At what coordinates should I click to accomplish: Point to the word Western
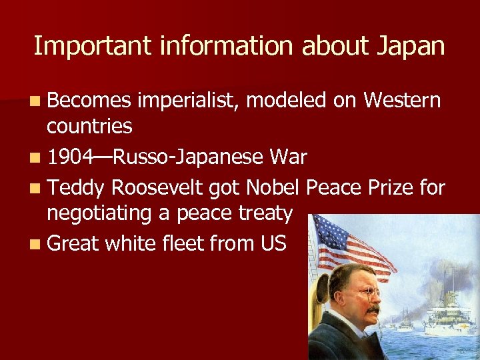402,101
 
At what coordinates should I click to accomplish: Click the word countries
89,125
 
